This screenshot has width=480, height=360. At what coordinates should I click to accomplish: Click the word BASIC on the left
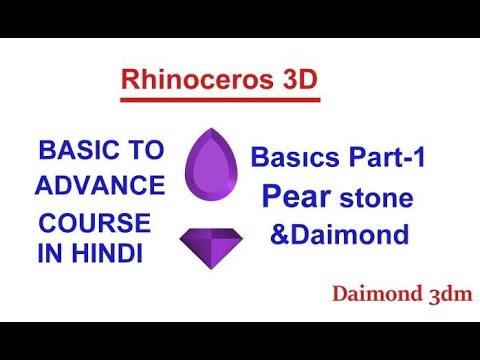(78, 152)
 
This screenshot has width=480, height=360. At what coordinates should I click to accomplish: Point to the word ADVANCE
(100, 185)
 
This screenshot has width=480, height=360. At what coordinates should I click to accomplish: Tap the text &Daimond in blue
(339, 235)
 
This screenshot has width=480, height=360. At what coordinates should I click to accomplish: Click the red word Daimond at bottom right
(374, 294)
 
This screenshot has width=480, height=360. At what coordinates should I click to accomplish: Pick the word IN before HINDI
(50, 254)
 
